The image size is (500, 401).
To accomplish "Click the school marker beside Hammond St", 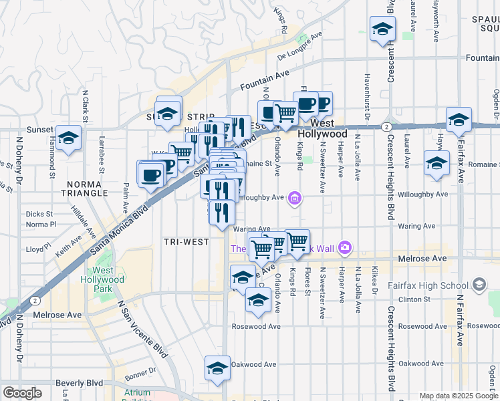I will [68, 138].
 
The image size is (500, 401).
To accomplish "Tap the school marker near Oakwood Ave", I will [217, 368].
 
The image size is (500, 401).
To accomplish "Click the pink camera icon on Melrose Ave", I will [345, 248].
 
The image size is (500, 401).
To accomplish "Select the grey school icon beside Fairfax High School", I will [479, 285].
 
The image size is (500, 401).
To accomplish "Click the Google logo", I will [23, 393].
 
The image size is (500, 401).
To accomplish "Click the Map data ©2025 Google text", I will [459, 396].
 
